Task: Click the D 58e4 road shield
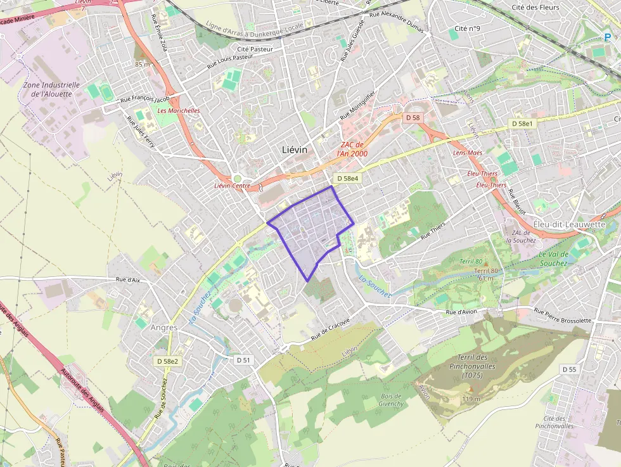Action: pyautogui.click(x=348, y=179)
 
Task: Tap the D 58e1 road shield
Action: pyautogui.click(x=524, y=123)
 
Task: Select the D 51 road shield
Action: pyautogui.click(x=244, y=360)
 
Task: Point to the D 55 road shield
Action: pyautogui.click(x=568, y=369)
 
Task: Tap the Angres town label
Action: pyautogui.click(x=164, y=328)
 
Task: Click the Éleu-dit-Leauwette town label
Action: pyautogui.click(x=569, y=224)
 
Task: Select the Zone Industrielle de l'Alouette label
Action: pyautogui.click(x=51, y=89)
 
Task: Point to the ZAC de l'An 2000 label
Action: pyautogui.click(x=353, y=149)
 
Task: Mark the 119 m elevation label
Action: pyautogui.click(x=470, y=399)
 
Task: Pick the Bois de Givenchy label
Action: pyautogui.click(x=391, y=399)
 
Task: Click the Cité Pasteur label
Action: pyautogui.click(x=255, y=49)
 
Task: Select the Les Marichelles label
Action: pyautogui.click(x=179, y=110)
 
